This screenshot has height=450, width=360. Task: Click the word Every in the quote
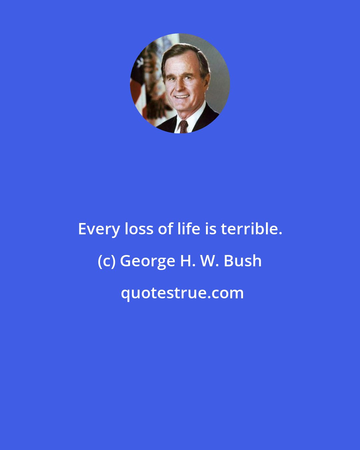click(99, 229)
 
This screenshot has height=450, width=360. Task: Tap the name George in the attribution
click(147, 261)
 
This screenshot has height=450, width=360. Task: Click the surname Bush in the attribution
click(243, 261)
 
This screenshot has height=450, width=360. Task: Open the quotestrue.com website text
click(182, 293)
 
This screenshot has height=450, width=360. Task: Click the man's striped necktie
click(183, 127)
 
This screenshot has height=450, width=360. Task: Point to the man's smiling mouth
click(182, 97)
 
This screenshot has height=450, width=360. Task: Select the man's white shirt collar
click(193, 117)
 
